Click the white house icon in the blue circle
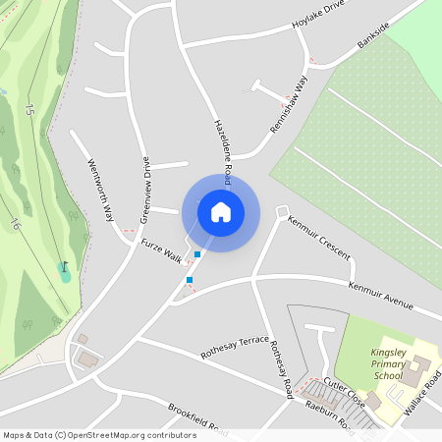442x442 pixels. (221, 211)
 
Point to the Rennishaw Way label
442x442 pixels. (289, 107)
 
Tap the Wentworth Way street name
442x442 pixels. (101, 189)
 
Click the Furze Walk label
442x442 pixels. (162, 250)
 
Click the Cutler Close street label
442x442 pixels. (344, 395)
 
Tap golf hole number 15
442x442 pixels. (30, 109)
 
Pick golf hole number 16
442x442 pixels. (15, 224)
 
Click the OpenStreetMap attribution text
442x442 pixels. (99, 435)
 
